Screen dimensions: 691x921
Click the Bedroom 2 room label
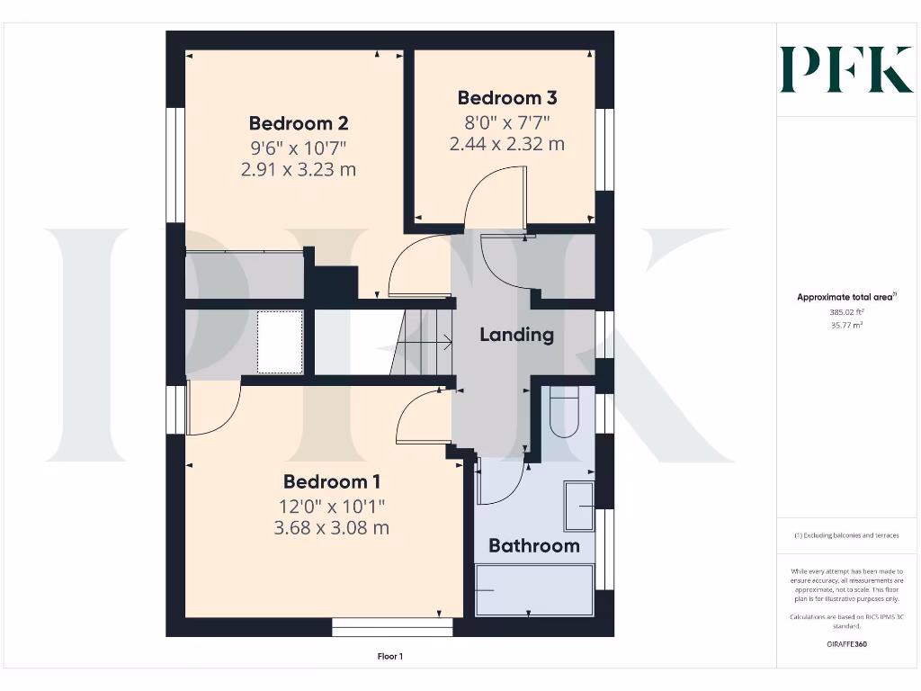pyautogui.click(x=299, y=123)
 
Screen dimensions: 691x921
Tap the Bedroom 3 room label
pyautogui.click(x=506, y=98)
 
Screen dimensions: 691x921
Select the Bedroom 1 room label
pyautogui.click(x=331, y=481)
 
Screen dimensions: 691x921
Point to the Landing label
pyautogui.click(x=516, y=335)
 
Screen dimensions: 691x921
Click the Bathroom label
pyautogui.click(x=533, y=545)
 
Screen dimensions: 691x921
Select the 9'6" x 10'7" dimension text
pyautogui.click(x=299, y=147)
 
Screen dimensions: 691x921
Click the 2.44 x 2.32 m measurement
pyautogui.click(x=506, y=143)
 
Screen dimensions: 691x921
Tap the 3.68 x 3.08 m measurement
pyautogui.click(x=331, y=528)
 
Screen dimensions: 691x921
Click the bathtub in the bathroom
pyautogui.click(x=534, y=589)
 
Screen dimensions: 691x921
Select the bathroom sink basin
pyautogui.click(x=578, y=506)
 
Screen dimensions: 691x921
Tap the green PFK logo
pyautogui.click(x=845, y=69)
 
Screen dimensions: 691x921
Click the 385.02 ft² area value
pyautogui.click(x=845, y=312)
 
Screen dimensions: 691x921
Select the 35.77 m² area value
pyautogui.click(x=845, y=326)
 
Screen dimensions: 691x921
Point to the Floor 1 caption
pyautogui.click(x=390, y=657)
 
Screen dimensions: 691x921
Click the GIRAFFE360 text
pyautogui.click(x=845, y=644)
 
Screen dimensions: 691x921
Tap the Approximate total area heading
pyautogui.click(x=845, y=297)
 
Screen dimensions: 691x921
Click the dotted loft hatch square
pyautogui.click(x=280, y=342)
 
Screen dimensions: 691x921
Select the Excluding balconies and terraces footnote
pyautogui.click(x=845, y=535)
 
